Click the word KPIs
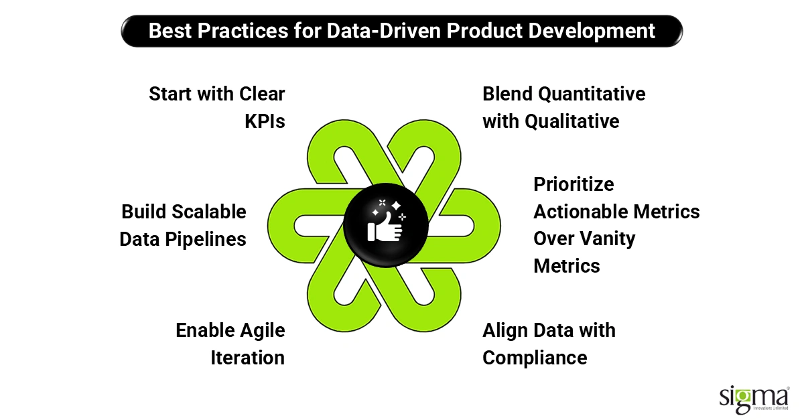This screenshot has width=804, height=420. click(x=265, y=121)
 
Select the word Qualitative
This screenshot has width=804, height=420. click(x=572, y=121)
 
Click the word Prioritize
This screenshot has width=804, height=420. click(x=574, y=184)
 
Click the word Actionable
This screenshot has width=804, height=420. click(x=581, y=212)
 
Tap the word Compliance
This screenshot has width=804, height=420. click(x=535, y=358)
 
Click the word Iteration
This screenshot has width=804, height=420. click(x=248, y=358)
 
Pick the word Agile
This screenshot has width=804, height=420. click(x=263, y=331)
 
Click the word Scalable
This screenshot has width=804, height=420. click(x=209, y=212)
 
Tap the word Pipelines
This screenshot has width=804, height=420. click(x=206, y=240)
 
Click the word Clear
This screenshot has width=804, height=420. click(x=262, y=94)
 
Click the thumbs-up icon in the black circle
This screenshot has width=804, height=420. click(x=385, y=227)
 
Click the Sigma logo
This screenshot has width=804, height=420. click(x=754, y=400)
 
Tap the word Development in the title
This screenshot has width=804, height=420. click(x=592, y=31)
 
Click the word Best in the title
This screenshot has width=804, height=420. click(x=170, y=31)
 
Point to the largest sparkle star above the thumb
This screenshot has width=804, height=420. click(x=396, y=206)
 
